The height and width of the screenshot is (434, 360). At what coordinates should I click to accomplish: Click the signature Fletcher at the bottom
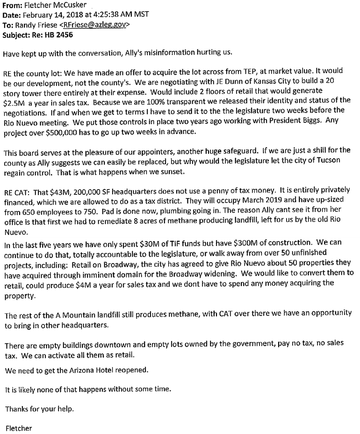click(17, 427)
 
